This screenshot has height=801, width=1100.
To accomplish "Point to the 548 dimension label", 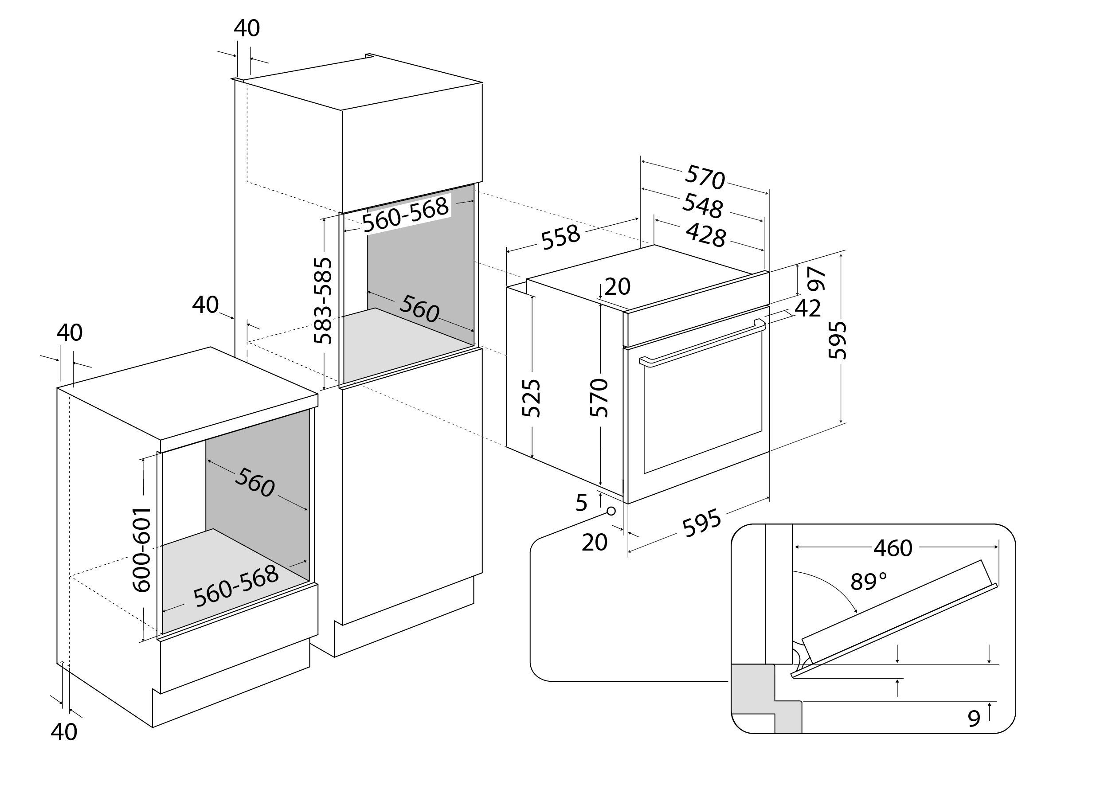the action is click(702, 206).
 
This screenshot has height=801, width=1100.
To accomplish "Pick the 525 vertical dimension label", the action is click(531, 398).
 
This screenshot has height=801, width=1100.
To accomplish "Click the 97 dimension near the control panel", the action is click(817, 279).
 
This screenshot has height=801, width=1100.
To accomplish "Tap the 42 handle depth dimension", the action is click(807, 309).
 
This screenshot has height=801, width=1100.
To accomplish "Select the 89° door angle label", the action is click(869, 581).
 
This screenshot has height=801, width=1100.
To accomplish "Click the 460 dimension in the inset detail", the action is click(893, 548).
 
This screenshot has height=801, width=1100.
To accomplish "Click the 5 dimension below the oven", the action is click(582, 503).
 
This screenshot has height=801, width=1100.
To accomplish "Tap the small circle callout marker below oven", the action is click(611, 511).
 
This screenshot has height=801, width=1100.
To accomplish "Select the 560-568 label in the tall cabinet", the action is click(406, 214).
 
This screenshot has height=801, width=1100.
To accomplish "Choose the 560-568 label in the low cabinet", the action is click(236, 586).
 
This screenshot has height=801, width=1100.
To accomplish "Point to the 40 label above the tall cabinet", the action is click(247, 28).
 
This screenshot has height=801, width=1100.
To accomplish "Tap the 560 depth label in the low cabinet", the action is click(254, 483).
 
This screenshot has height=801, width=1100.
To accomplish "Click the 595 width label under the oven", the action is click(701, 523).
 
